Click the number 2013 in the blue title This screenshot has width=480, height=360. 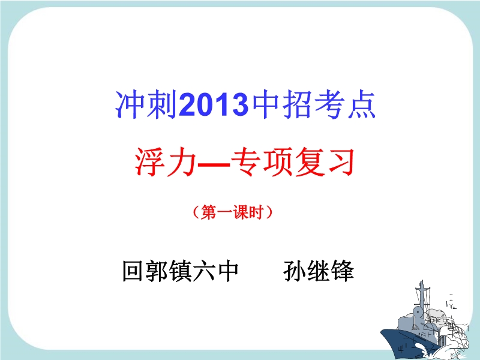pos(214,104)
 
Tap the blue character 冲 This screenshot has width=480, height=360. pos(130,104)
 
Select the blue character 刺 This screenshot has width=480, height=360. pos(162,104)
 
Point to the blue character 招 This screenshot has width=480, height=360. pos(296,104)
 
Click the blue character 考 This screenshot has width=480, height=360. pos(329,104)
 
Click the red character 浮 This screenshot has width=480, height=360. pos(150,161)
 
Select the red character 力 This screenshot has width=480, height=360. pos(182,161)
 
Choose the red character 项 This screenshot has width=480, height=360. pos(278,161)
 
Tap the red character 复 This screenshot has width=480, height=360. pos(310,161)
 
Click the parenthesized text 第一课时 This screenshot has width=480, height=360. pos(233,212)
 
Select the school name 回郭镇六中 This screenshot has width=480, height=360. pos(181,271)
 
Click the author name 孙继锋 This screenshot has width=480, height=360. pos(319,271)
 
